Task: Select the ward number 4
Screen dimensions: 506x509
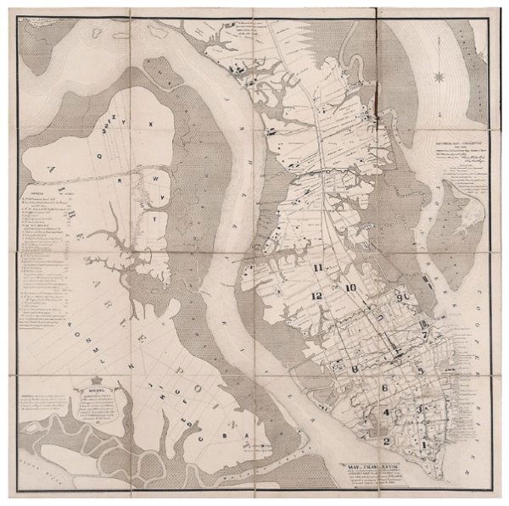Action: coord(387,413)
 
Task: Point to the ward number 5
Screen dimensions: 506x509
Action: coord(419,373)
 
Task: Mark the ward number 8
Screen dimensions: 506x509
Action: coord(357,369)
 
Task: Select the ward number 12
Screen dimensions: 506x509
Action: coord(316,296)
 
